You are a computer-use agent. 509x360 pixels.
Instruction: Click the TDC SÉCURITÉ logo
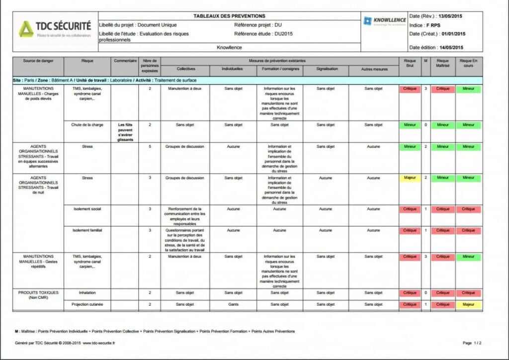pyautogui.click(x=55, y=28)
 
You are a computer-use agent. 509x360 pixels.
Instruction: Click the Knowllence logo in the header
pyautogui.click(x=384, y=21)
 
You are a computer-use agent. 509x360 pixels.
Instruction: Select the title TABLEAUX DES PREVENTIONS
pyautogui.click(x=229, y=16)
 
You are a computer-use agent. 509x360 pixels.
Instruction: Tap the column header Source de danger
pyautogui.click(x=38, y=61)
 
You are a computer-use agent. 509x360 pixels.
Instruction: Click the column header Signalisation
pyautogui.click(x=327, y=69)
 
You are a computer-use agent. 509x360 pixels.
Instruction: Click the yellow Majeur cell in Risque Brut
pyautogui.click(x=410, y=178)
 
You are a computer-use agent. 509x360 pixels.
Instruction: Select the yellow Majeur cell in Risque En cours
pyautogui.click(x=468, y=304)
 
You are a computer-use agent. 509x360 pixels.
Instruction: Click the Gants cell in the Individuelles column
pyautogui.click(x=234, y=304)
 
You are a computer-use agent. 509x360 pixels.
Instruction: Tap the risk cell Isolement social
pyautogui.click(x=87, y=209)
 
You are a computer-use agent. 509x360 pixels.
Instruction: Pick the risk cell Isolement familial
pyautogui.click(x=87, y=230)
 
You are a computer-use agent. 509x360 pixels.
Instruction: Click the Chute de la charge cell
pyautogui.click(x=87, y=125)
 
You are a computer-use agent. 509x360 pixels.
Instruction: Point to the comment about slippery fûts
pyautogui.click(x=125, y=132)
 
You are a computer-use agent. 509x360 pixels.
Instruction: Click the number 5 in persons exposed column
pyautogui.click(x=150, y=147)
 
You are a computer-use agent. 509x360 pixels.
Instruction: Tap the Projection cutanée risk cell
pyautogui.click(x=87, y=304)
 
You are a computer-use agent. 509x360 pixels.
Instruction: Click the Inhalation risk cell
pyautogui.click(x=87, y=293)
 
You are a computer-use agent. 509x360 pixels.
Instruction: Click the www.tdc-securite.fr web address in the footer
pyautogui.click(x=98, y=343)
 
